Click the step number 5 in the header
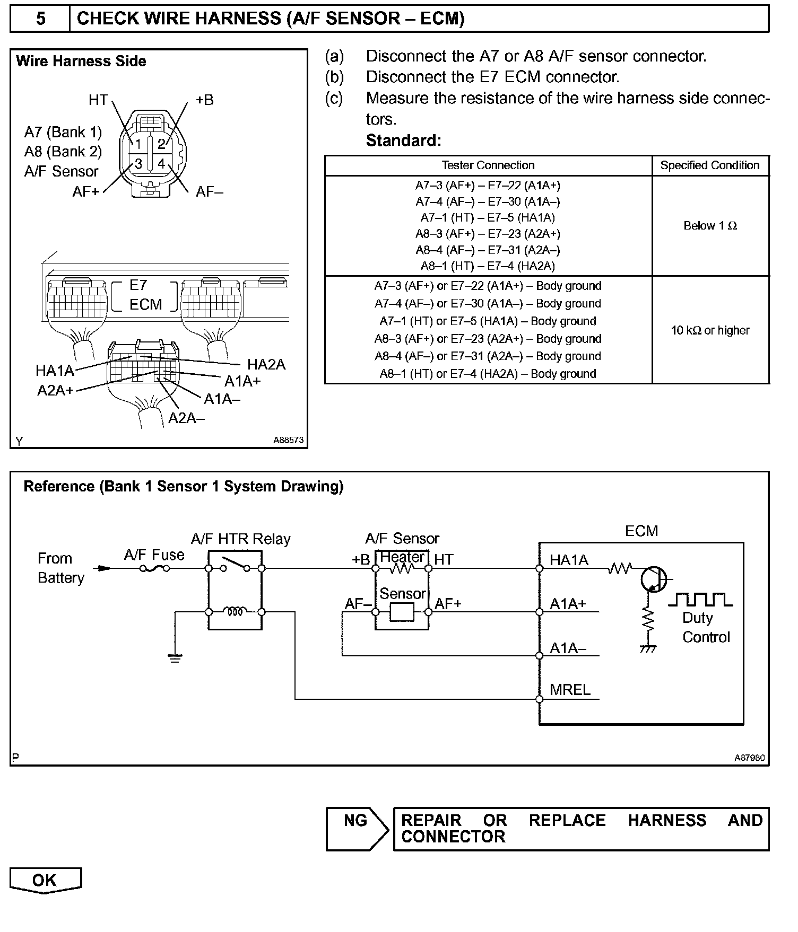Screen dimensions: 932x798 tap(40, 19)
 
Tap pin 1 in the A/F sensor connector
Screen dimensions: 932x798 tap(138, 144)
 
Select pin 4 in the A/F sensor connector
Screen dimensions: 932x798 tap(161, 163)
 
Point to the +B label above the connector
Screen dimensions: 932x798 tap(204, 100)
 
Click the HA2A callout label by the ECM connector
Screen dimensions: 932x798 tap(266, 365)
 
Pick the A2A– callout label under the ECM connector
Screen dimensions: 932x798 tap(186, 418)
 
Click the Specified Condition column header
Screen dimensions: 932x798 tap(710, 165)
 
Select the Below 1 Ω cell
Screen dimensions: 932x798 tap(710, 226)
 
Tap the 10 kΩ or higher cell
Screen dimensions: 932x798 tap(710, 330)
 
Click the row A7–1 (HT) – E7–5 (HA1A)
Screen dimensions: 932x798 tap(488, 218)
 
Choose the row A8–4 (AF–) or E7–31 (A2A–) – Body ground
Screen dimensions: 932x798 tap(488, 356)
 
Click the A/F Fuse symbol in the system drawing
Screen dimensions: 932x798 tap(154, 568)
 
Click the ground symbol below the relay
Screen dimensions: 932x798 tap(175, 658)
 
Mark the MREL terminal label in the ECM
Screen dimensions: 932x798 tap(570, 690)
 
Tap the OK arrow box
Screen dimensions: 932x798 tap(45, 881)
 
